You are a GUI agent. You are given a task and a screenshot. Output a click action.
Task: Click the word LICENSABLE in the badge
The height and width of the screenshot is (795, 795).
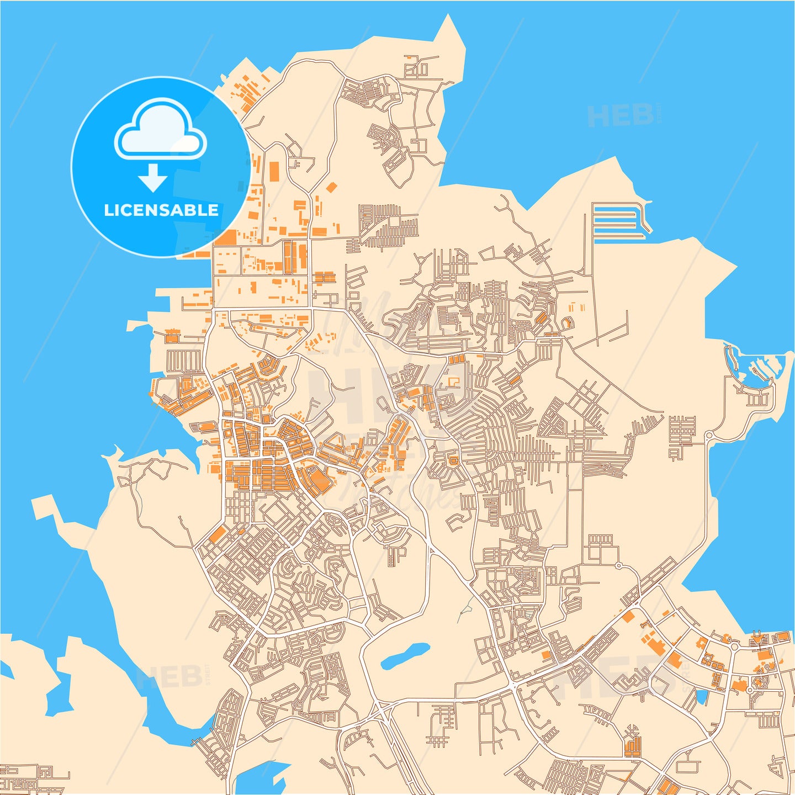(x=161, y=210)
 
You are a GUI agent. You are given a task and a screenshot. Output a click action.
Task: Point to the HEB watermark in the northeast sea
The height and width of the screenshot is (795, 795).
(x=621, y=115)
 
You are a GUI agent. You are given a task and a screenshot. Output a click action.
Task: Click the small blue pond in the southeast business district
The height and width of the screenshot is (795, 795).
(x=702, y=697)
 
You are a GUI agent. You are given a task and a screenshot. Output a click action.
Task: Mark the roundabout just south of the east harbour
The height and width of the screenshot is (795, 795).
(x=709, y=436)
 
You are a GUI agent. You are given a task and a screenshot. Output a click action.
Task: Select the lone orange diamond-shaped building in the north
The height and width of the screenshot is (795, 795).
(x=331, y=187)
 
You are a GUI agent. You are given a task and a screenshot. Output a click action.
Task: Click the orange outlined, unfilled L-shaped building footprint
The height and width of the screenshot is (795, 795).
(x=453, y=381)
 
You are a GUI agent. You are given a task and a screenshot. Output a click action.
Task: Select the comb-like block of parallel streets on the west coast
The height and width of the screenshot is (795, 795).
(x=184, y=361)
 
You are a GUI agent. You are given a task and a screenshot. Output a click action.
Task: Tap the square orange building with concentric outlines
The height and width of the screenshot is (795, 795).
(x=453, y=459)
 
